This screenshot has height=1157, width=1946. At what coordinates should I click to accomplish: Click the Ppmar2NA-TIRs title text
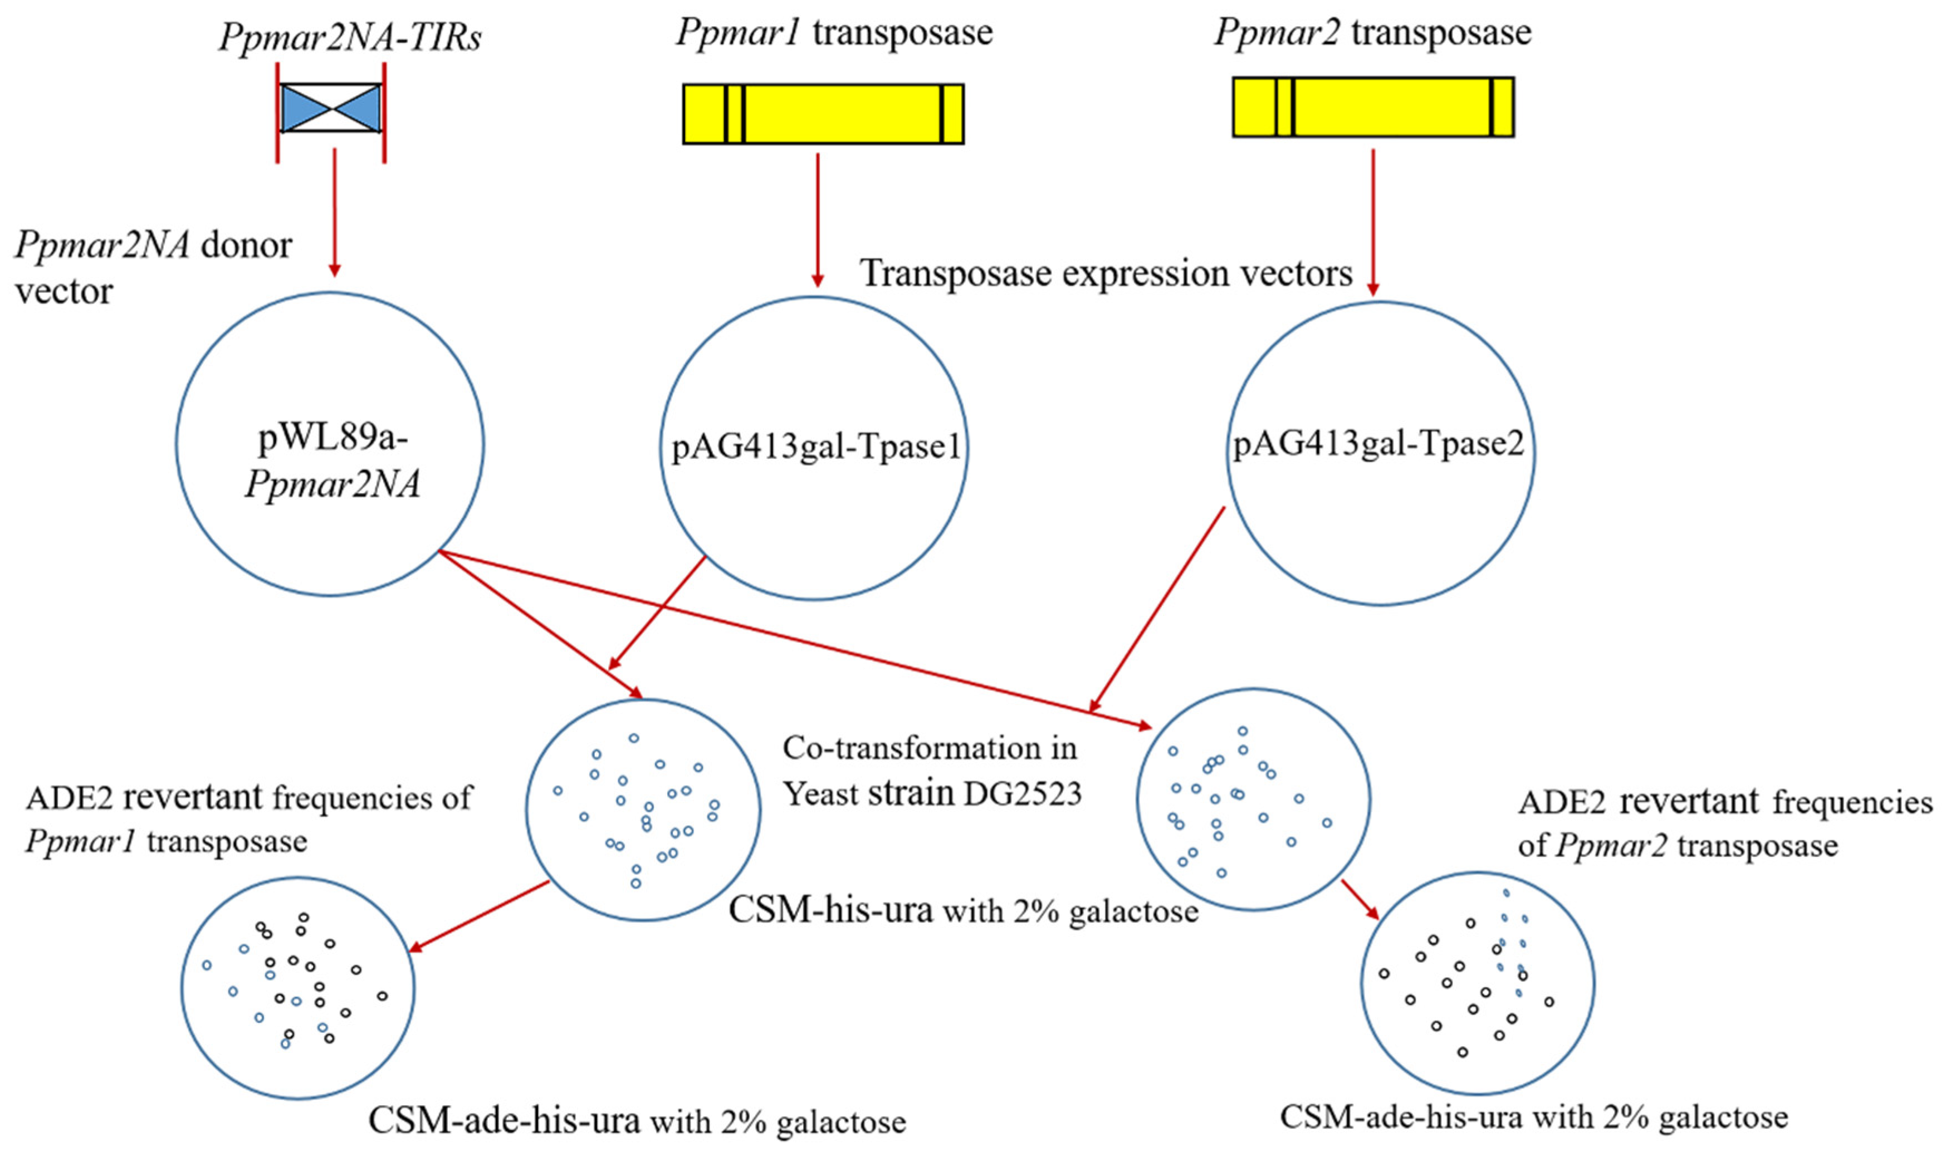point(349,37)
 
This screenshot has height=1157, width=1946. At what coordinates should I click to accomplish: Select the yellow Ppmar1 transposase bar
point(842,114)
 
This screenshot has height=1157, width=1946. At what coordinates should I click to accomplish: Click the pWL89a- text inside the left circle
point(333,438)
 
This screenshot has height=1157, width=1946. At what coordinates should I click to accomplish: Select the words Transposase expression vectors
point(1106,273)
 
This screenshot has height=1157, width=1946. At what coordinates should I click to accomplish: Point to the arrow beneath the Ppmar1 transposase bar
point(817,220)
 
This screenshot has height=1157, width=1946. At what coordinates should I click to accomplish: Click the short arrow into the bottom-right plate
point(1361,900)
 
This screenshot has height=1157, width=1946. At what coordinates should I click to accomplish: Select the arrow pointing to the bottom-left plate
point(480,917)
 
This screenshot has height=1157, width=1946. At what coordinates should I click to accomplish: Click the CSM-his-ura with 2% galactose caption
point(964,910)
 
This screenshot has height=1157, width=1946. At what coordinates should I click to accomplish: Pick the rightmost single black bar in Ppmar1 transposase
point(942,114)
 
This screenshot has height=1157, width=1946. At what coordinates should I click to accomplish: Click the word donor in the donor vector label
point(246,246)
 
